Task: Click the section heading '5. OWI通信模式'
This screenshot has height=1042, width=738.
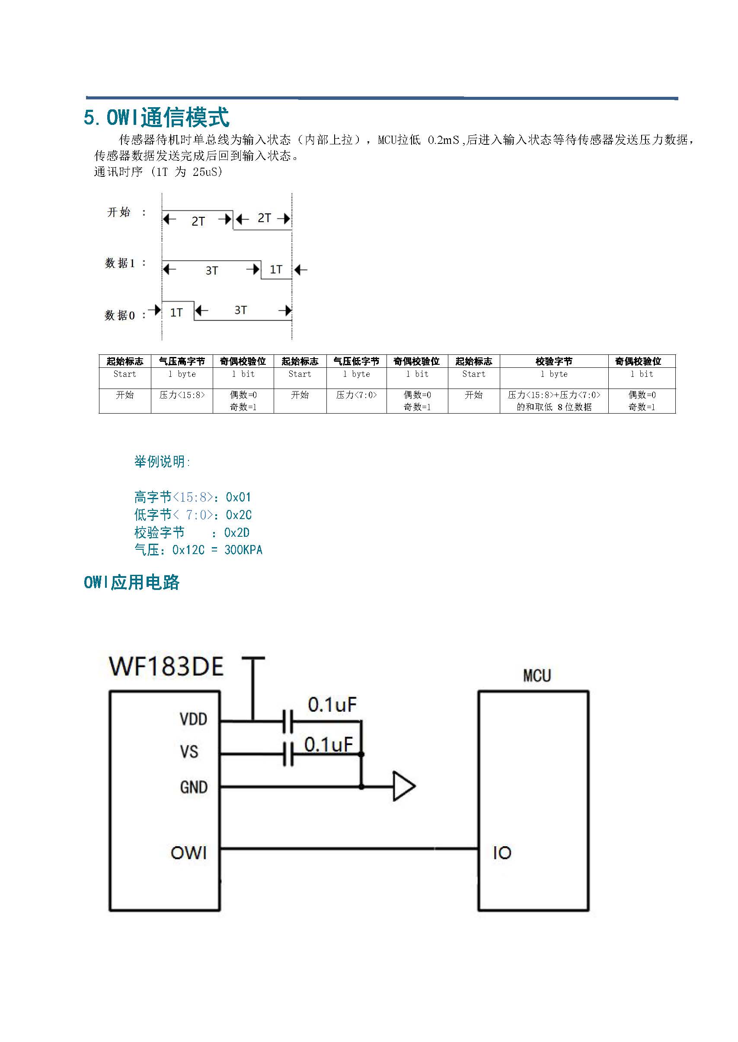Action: click(157, 118)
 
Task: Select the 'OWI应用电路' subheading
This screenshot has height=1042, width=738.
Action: click(132, 582)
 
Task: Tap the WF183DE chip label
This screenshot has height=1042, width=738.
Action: click(166, 666)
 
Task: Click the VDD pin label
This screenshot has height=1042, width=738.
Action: click(194, 719)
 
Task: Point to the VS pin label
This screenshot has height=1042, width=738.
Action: click(189, 751)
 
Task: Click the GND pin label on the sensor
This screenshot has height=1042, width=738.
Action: click(194, 787)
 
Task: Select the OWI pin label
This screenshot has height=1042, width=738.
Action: click(188, 853)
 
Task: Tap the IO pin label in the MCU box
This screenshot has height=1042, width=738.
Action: click(502, 853)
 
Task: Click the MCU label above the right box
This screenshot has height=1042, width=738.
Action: click(537, 676)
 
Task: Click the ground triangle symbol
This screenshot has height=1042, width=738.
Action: click(403, 786)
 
